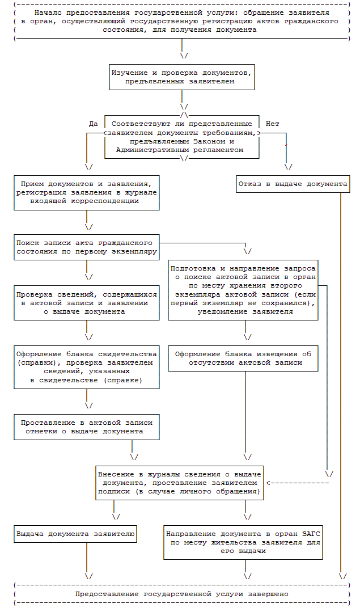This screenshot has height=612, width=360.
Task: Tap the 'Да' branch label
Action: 94,124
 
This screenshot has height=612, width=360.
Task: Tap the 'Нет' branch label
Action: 272,124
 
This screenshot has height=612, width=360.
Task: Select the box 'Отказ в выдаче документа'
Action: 293,184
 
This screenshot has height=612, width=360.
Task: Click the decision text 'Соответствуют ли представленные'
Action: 181,124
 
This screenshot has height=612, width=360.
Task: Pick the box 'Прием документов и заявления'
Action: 86,192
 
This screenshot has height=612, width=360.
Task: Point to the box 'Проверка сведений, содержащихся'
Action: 86,303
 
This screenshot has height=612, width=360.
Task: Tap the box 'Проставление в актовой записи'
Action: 86,427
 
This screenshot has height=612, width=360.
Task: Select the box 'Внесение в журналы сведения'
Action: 179,483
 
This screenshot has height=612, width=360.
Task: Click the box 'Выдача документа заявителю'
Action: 75,534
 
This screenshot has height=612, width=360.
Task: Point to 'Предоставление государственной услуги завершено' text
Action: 182,593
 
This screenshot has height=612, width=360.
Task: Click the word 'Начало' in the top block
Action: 46,12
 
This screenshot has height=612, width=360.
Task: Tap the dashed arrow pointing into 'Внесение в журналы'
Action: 298,483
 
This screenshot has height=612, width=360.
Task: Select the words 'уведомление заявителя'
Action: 245,311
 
